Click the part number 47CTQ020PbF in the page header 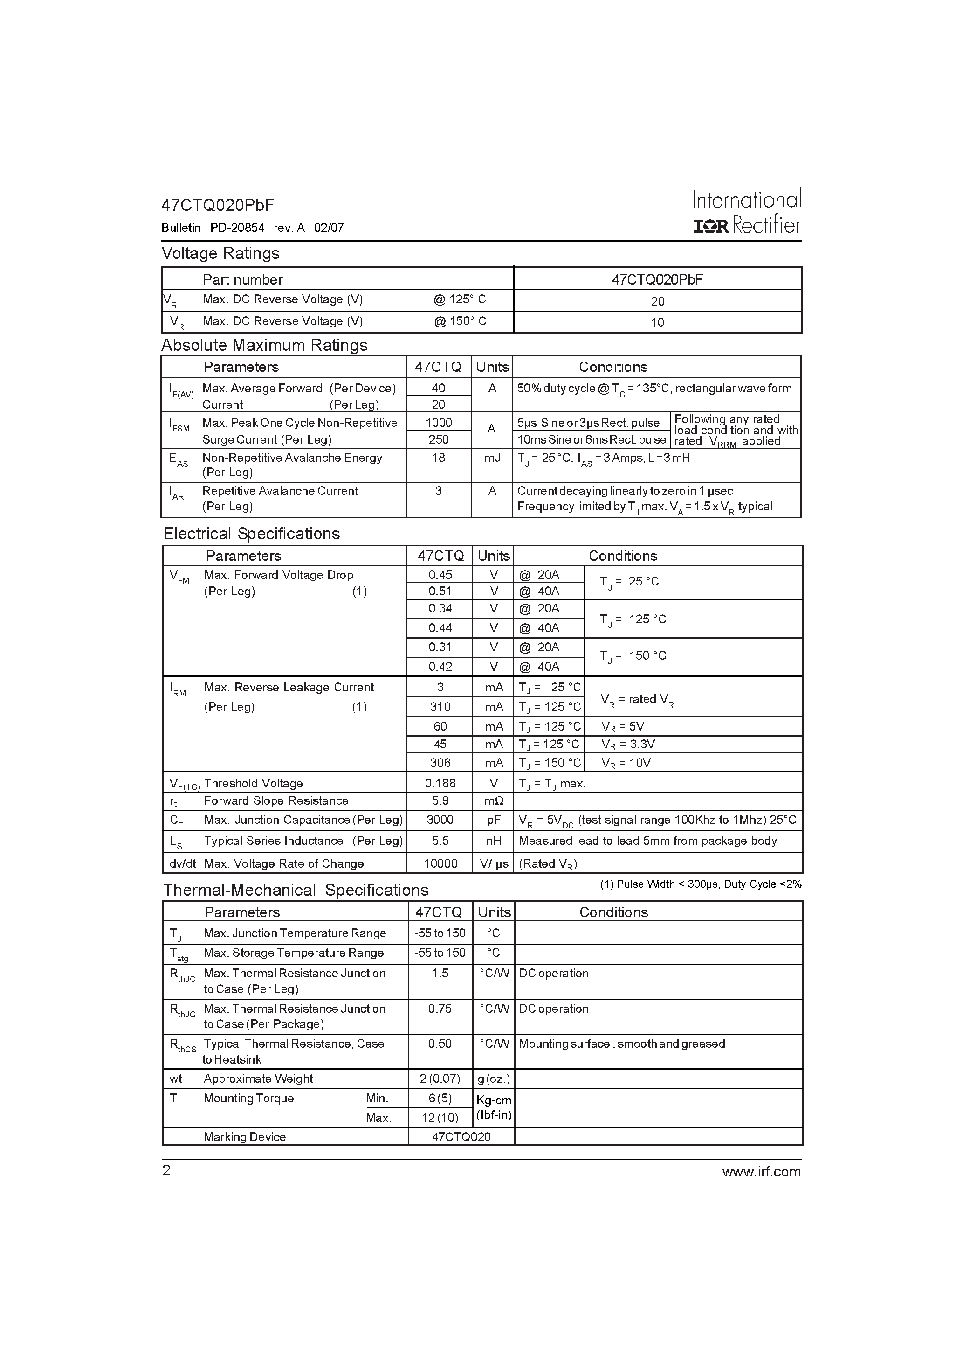coord(218,205)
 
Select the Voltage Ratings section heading coord(220,253)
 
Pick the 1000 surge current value coord(439,422)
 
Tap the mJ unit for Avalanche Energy coord(492,458)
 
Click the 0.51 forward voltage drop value coord(440,591)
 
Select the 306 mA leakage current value coord(440,763)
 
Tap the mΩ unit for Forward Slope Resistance coord(493,801)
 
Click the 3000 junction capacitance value coord(440,820)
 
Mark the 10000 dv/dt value coord(440,864)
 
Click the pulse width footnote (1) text coord(701,884)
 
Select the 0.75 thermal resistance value coord(440,1009)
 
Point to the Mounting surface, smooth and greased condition coord(622,1044)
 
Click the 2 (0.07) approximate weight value coord(440,1079)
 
